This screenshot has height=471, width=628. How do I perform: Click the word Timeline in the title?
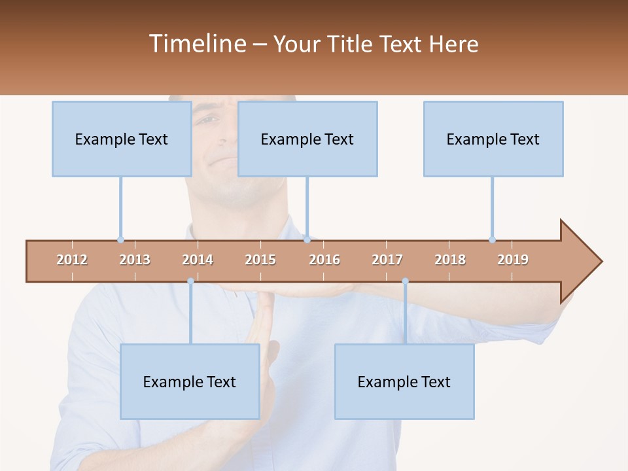click(x=197, y=44)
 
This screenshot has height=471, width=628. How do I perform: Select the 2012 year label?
click(x=72, y=260)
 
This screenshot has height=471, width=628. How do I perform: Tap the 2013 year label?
click(x=135, y=260)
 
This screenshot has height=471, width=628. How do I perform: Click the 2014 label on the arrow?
click(x=198, y=260)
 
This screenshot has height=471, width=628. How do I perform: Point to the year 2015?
click(x=260, y=260)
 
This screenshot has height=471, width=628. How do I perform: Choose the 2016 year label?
click(x=324, y=260)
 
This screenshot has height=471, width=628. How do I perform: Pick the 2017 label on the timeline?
click(x=387, y=260)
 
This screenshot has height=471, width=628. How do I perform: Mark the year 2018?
click(x=450, y=260)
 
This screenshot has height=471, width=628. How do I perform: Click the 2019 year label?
click(x=513, y=260)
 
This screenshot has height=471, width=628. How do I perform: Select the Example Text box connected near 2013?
click(x=122, y=139)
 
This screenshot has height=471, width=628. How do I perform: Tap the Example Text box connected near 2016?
click(x=307, y=139)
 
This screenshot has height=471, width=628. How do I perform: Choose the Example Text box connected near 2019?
click(x=493, y=139)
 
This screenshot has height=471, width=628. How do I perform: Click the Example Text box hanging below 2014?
click(x=190, y=381)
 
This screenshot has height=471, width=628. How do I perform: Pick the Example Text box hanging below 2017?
click(x=404, y=381)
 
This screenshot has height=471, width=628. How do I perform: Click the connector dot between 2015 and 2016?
click(x=307, y=239)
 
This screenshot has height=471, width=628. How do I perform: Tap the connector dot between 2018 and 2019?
click(x=492, y=239)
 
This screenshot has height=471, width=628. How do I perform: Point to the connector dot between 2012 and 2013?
click(x=120, y=239)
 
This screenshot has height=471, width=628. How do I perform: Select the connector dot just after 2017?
click(x=405, y=281)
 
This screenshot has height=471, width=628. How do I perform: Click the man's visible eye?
click(x=208, y=120)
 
